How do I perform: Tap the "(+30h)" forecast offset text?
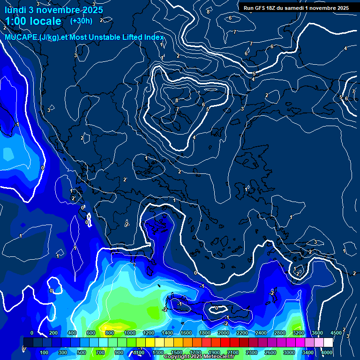tap(81, 21)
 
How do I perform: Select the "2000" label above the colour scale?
tap(224, 333)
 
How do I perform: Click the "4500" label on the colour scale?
tap(336, 333)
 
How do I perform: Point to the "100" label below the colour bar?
tap(45, 352)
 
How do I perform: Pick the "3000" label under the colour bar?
tap(289, 352)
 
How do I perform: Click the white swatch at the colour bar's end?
tap(328, 342)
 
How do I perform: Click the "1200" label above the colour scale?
tap(149, 333)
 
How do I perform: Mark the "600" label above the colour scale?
tap(91, 333)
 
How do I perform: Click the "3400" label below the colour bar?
tap(308, 352)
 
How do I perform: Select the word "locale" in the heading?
tap(45, 22)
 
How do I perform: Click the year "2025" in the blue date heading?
tap(91, 10)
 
